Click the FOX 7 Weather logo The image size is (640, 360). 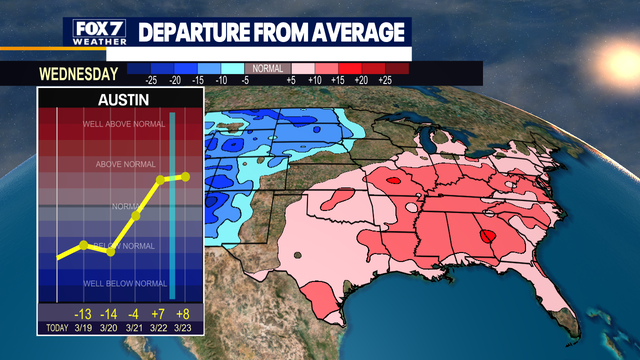coord(98,31)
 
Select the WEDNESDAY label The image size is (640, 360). coord(78,73)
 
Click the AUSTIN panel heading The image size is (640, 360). coord(121,101)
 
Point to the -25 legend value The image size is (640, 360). coord(152,78)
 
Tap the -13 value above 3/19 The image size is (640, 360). coord(83,310)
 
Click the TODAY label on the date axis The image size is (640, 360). coord(55,327)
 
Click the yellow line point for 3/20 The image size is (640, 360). coord(110,251)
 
